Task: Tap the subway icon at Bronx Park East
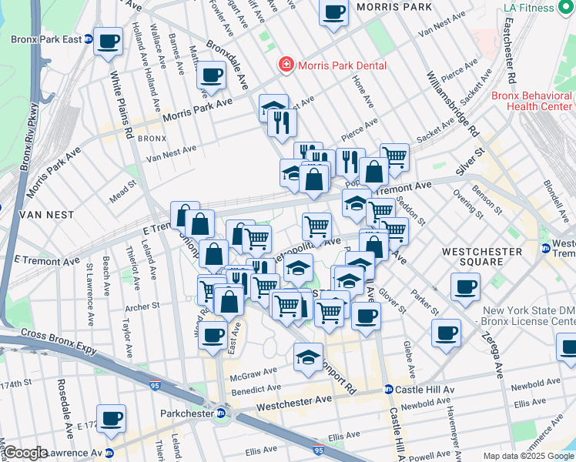[89, 38]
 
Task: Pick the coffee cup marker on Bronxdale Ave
[211, 75]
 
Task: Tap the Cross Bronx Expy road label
[60, 343]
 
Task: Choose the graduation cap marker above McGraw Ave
[309, 357]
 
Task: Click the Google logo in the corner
[25, 453]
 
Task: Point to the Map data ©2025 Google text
[528, 456]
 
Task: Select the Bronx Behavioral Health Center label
[533, 101]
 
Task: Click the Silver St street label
[471, 155]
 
